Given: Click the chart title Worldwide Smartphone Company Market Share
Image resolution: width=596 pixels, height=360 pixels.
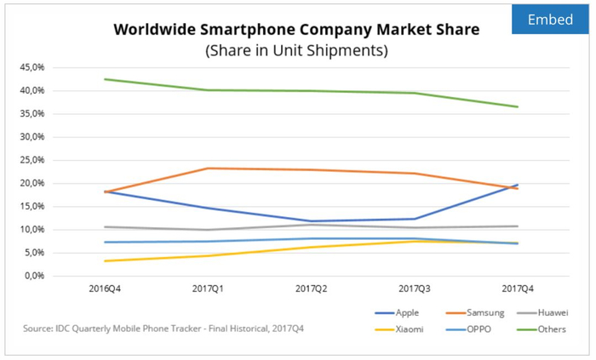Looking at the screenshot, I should point(296,30).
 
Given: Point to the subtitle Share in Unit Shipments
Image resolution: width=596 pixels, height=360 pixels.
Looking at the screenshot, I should point(296,51).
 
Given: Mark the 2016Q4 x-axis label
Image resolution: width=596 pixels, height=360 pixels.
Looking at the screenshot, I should point(104,289).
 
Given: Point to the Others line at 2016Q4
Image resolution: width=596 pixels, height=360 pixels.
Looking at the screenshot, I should point(105,79).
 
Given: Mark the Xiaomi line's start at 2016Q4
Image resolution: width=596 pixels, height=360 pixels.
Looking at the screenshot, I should point(105,261).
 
